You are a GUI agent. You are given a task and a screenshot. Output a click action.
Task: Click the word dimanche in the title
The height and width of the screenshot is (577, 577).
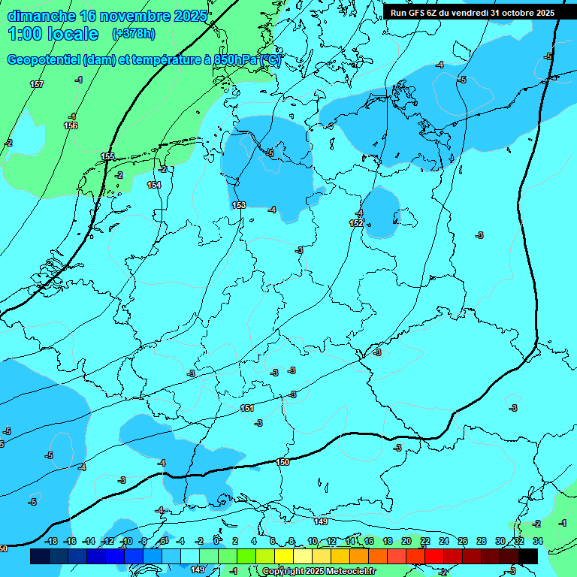[x=41, y=16]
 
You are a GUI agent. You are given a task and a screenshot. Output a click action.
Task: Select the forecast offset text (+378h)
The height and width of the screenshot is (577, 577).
[x=134, y=34]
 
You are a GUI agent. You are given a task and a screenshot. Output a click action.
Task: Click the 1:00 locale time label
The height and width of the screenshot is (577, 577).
[x=53, y=34]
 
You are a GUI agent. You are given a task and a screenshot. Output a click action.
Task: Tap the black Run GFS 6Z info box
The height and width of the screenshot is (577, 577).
[x=473, y=12]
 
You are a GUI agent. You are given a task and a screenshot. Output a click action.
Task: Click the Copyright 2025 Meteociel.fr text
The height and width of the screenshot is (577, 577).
[x=319, y=572]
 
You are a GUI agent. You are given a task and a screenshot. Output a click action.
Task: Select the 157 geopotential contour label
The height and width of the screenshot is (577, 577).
[x=37, y=84]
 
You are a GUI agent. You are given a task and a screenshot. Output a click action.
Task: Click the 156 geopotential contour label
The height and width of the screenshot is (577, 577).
[x=71, y=125]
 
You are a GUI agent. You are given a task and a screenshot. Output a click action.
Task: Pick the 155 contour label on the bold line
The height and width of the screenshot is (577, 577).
[x=108, y=156]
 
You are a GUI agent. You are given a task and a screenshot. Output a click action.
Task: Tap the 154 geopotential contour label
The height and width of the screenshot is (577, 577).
[x=154, y=185]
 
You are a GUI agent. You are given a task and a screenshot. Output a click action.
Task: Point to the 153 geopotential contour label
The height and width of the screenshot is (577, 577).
[x=239, y=205]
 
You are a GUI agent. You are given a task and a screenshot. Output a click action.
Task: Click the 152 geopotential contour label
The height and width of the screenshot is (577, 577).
[x=356, y=223]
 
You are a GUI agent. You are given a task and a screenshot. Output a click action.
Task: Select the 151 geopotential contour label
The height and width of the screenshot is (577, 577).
[x=247, y=408]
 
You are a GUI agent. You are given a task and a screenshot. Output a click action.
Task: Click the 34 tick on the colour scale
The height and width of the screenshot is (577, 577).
[x=538, y=541]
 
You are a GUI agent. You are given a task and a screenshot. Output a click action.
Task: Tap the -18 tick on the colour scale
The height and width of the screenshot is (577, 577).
[x=52, y=541]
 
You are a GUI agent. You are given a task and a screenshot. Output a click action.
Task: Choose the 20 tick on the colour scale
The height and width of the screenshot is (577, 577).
[x=406, y=541]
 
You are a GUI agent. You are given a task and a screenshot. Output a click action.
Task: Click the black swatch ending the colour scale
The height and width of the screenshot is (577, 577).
[x=528, y=556]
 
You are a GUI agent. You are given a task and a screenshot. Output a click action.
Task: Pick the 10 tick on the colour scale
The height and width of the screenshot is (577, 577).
[x=313, y=541]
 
